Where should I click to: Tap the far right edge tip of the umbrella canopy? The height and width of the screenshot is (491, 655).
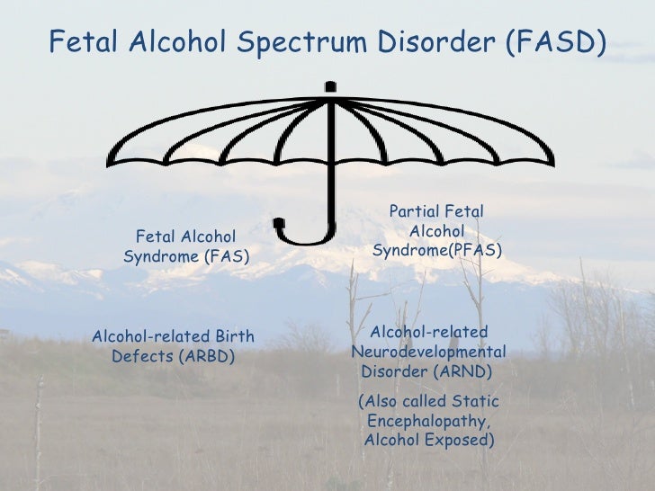coord(551,165)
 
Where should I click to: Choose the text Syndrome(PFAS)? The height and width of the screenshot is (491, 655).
coord(437,249)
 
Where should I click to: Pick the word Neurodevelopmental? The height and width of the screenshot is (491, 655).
coord(428,352)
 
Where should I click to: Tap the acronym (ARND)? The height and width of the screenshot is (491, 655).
coord(462,371)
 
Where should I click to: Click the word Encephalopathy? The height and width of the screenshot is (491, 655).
coord(428,421)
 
